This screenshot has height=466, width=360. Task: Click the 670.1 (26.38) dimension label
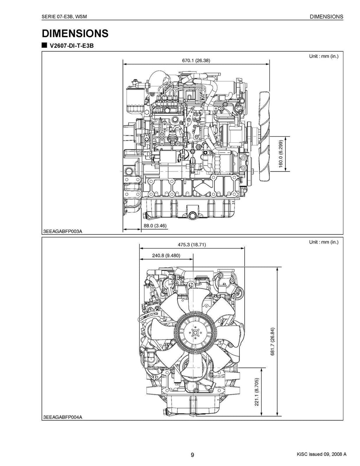196,60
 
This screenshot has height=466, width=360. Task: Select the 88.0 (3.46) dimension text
155,226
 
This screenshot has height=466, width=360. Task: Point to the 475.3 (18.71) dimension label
191,245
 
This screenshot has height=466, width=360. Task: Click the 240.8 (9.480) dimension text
166,255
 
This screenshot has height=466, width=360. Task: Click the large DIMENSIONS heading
75,33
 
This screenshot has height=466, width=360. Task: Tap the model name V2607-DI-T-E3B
72,46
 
